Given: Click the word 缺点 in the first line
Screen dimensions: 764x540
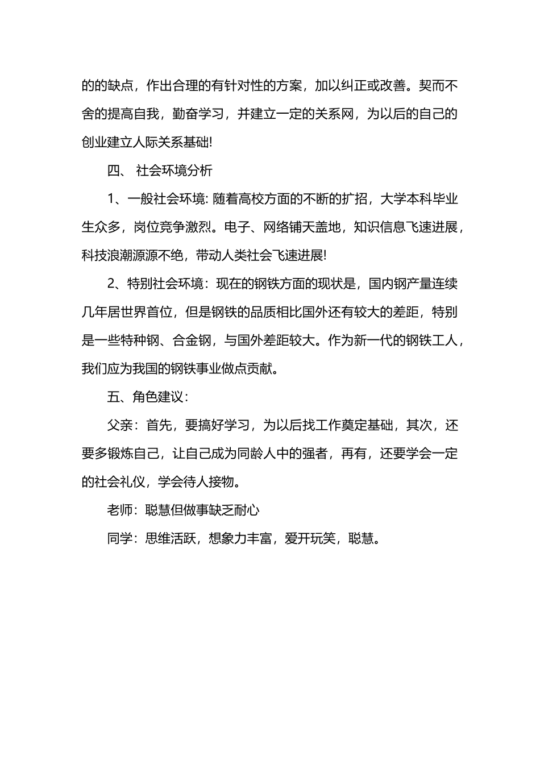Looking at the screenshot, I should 120,86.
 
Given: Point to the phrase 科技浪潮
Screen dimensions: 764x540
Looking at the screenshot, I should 107,255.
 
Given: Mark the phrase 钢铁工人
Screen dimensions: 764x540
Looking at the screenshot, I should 431,341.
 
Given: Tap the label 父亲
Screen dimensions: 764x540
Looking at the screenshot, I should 120,425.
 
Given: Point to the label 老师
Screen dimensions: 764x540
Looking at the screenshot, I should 120,510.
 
